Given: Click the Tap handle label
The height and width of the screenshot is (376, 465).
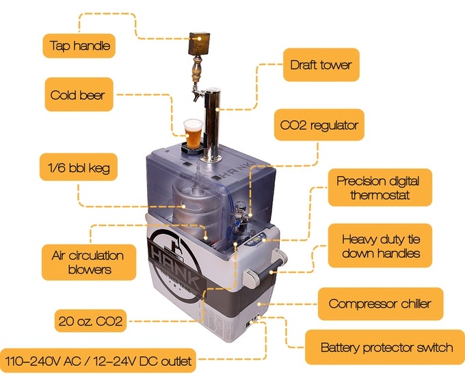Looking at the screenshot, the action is pos(79,46).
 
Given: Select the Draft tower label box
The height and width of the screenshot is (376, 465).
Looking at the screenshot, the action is pos(321,65).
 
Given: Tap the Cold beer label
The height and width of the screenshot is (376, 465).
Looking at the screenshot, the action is pos(79,95).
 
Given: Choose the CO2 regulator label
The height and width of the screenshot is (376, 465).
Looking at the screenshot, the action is pos(319,125).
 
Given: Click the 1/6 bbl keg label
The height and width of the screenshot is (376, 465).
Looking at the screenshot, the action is pos(79,167).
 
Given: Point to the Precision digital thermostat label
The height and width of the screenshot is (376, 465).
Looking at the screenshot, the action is pos(380,188).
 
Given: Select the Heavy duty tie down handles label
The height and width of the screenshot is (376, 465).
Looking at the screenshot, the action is pos(380,246).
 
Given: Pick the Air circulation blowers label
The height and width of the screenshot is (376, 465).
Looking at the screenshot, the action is pos(89,262).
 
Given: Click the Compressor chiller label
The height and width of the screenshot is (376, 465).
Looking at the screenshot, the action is pos(380,304).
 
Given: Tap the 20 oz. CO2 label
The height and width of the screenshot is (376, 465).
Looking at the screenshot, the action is pos(90,321).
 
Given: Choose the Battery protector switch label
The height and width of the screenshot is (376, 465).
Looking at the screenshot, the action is pos(385,347).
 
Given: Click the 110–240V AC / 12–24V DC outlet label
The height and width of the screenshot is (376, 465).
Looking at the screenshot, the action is pos(98,360).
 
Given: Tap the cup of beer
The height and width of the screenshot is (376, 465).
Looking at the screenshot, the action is pos(194,134).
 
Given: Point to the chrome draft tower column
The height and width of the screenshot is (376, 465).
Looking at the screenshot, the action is pos(212,124).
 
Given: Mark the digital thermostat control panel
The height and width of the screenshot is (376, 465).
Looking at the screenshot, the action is pos(256,238).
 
